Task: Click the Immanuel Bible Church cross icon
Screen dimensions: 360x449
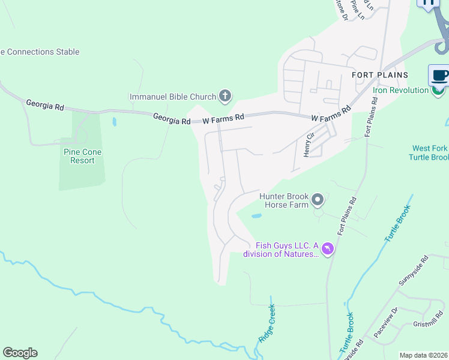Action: click(x=224, y=95)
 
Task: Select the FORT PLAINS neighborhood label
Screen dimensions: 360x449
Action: click(x=379, y=75)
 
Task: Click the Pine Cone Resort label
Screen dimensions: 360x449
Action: click(x=83, y=156)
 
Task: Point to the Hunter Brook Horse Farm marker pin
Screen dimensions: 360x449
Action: click(x=318, y=200)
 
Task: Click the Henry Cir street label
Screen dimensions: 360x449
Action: click(x=309, y=145)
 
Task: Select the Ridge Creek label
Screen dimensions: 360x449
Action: click(x=267, y=323)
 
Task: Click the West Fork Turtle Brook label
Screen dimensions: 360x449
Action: click(x=430, y=153)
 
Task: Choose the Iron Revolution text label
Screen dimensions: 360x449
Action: click(x=400, y=91)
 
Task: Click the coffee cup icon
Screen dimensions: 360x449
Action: click(x=439, y=76)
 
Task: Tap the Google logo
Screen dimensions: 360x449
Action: click(x=20, y=353)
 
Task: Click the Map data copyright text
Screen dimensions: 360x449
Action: click(x=424, y=355)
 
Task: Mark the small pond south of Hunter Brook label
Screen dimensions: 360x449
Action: click(x=256, y=215)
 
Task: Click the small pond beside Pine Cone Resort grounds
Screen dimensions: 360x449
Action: click(x=114, y=122)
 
